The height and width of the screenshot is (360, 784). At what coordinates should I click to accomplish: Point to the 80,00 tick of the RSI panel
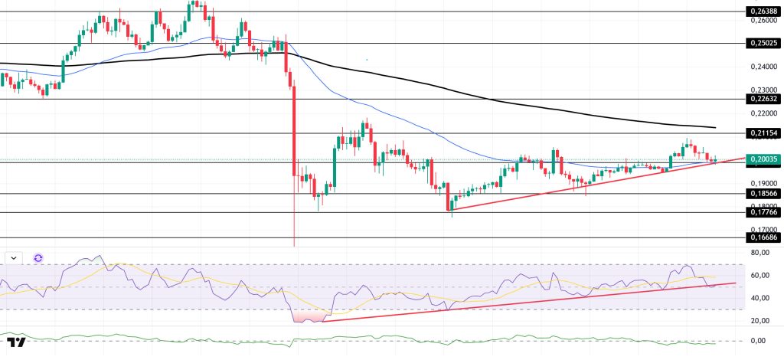(760, 252)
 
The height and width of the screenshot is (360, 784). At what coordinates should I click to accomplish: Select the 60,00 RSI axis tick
(760, 275)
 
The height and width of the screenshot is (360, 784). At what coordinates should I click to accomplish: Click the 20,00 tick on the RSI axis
(760, 320)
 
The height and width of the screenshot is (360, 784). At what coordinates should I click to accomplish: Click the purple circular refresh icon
(38, 258)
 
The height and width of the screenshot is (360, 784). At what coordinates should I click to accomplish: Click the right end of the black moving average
(714, 127)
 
